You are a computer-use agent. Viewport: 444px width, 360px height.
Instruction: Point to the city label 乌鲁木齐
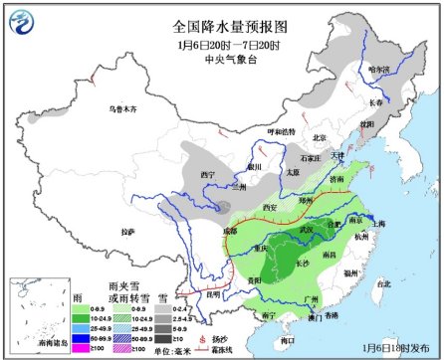pos(120,107)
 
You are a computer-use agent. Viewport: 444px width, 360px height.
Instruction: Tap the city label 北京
pos(320,137)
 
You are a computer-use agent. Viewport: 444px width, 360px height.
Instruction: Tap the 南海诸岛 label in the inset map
pos(31,339)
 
